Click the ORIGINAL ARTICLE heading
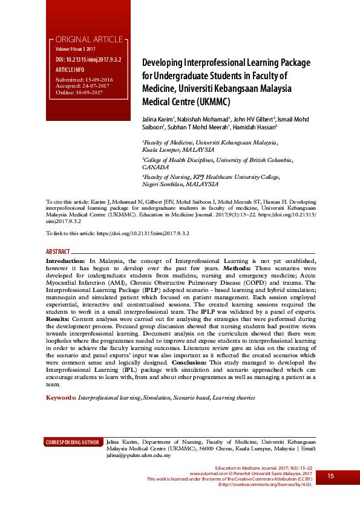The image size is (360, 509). tap(89, 39)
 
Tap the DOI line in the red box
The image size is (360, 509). tap(88, 60)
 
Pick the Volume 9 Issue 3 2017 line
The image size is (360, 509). tap(76, 48)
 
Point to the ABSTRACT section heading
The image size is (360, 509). tap(57, 250)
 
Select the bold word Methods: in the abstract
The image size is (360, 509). tap(241, 267)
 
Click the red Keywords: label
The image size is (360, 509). tap(61, 398)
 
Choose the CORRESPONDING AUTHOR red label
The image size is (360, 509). tap(73, 443)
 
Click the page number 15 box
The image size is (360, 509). tap(331, 476)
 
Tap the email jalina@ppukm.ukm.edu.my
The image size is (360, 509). tap(139, 455)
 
